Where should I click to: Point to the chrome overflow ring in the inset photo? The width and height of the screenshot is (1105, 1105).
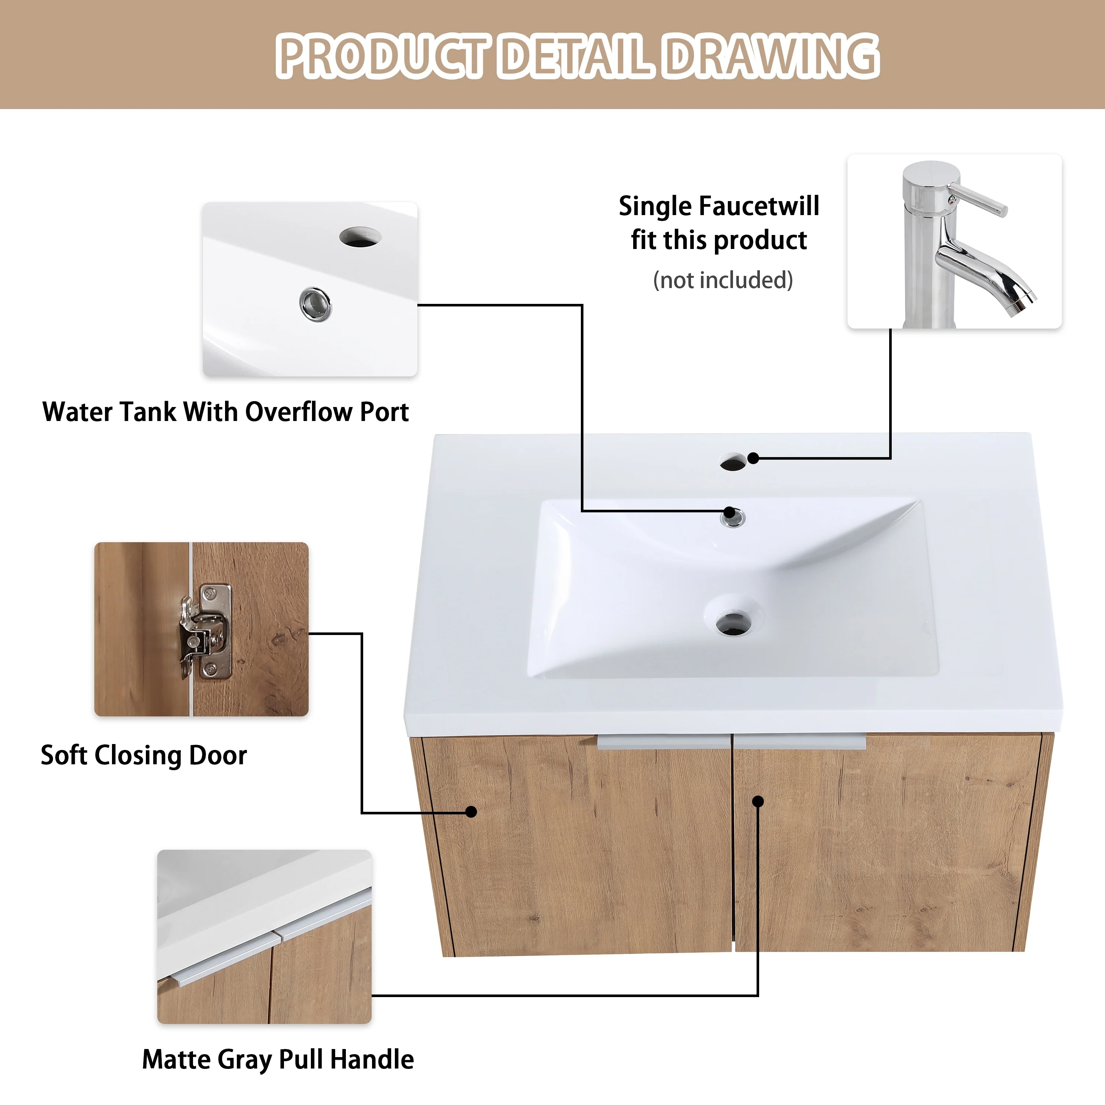pyautogui.click(x=315, y=304)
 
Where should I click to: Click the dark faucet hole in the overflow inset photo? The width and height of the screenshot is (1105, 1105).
pyautogui.click(x=360, y=237)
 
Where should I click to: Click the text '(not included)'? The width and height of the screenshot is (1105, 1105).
pyautogui.click(x=723, y=280)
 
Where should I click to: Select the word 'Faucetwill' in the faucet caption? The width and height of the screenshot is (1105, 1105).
pyautogui.click(x=759, y=206)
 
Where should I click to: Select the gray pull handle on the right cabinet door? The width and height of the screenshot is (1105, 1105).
pyautogui.click(x=800, y=742)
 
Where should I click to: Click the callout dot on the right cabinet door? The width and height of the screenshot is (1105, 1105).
pyautogui.click(x=758, y=801)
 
